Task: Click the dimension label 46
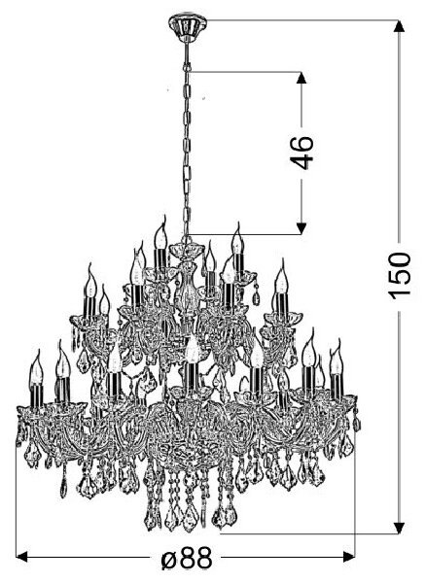301,153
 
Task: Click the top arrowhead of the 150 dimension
399,26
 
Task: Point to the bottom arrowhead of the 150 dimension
399,528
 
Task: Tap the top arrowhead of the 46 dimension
301,78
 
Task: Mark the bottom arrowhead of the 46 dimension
301,228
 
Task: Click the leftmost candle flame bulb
36,367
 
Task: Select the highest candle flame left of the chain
160,233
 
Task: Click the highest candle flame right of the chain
237,239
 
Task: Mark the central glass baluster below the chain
186,287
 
